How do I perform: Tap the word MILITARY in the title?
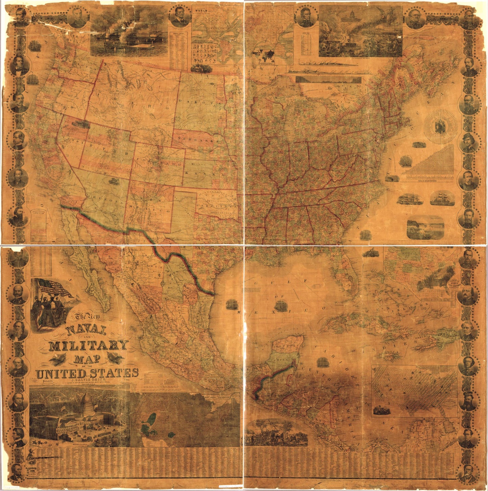(88, 345)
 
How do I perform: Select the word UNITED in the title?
(61, 373)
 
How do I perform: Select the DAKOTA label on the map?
(201, 102)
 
